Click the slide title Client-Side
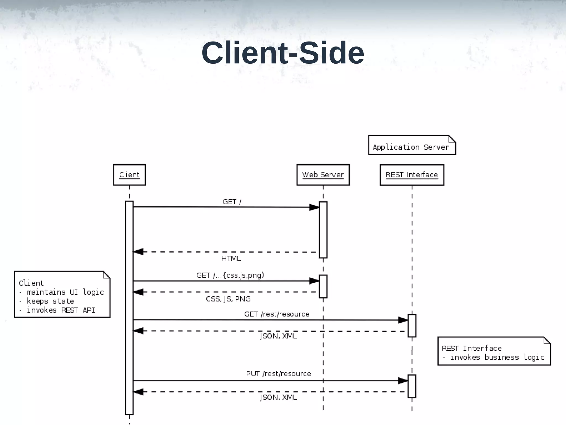(283, 53)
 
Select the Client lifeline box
(129, 175)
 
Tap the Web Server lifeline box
(323, 175)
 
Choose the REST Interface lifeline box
(412, 175)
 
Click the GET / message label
(232, 202)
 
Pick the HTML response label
(231, 258)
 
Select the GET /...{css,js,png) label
(230, 275)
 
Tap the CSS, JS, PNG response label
(228, 299)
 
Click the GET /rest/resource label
(277, 314)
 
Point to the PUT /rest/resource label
(278, 374)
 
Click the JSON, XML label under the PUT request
(278, 397)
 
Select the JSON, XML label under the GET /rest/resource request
(278, 336)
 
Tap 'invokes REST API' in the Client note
(61, 310)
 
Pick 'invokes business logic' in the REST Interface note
(497, 357)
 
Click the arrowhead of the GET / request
(314, 207)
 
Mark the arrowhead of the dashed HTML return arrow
(138, 252)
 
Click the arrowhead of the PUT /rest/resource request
(403, 381)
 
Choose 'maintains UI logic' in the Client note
(65, 292)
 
